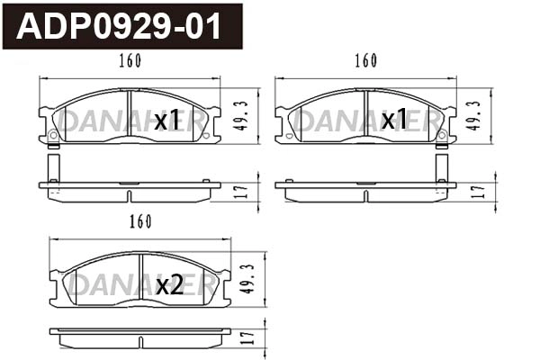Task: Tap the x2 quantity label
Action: [169, 285]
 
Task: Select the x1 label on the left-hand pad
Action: [166, 120]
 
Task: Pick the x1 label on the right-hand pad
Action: [394, 120]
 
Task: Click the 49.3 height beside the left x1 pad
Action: [241, 115]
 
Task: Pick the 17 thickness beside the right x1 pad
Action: [478, 190]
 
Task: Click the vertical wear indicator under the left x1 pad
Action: [52, 167]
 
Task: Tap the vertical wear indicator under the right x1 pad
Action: [441, 167]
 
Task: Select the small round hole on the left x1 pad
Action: [52, 136]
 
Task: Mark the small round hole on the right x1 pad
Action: [441, 136]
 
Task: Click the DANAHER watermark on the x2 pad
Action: [99, 285]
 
